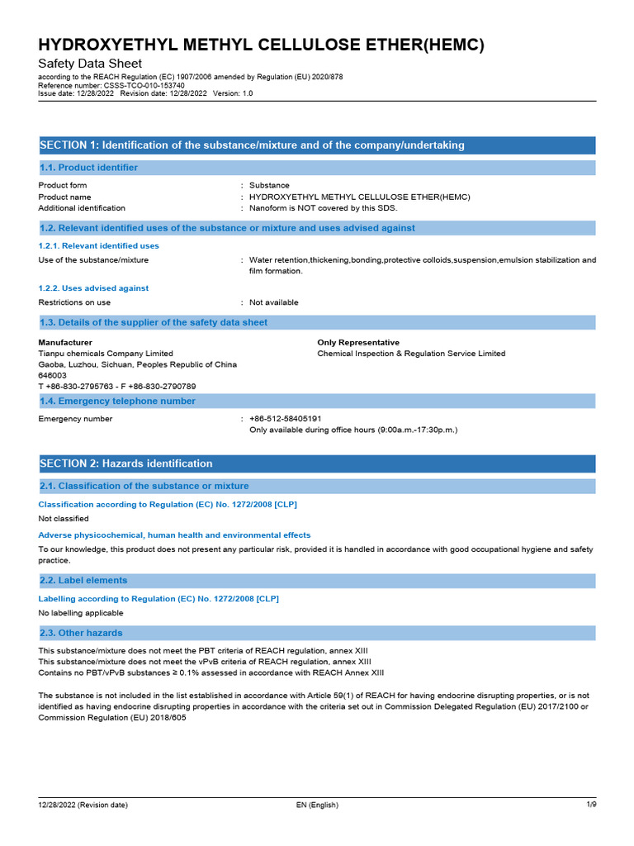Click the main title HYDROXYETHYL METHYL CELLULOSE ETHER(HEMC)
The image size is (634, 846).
(262, 45)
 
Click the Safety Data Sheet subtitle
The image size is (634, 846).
(90, 64)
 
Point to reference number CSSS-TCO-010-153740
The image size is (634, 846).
(111, 85)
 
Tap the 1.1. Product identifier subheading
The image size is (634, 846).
(89, 168)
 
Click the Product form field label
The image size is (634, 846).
(63, 185)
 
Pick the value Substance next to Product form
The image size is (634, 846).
(269, 185)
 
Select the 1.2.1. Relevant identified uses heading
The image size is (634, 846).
(99, 245)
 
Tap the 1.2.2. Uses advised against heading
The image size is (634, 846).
(93, 288)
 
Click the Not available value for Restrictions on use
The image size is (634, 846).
(274, 302)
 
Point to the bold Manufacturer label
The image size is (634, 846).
(65, 342)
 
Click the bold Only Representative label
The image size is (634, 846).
(358, 342)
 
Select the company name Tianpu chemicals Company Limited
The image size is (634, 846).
(106, 354)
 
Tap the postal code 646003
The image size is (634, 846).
(53, 375)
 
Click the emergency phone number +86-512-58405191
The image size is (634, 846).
(285, 419)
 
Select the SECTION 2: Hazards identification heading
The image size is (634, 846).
(126, 463)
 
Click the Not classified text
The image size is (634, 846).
(64, 519)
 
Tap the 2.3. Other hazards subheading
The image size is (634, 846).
(81, 633)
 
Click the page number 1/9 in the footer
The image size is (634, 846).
(590, 805)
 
